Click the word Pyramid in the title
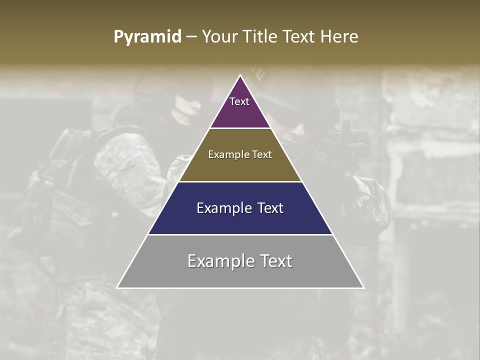click(147, 37)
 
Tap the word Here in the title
click(339, 37)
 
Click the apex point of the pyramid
click(240, 75)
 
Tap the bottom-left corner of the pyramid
click(117, 287)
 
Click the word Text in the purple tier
click(239, 101)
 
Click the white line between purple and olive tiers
click(240, 128)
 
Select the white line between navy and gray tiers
click(240, 235)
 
